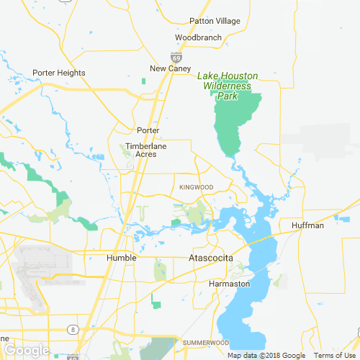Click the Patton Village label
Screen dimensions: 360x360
click(x=215, y=21)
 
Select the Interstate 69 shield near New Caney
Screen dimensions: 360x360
click(x=176, y=56)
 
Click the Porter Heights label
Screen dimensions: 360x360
click(x=59, y=73)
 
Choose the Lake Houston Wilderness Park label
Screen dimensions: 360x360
click(x=225, y=86)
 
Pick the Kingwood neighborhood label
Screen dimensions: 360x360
click(x=197, y=187)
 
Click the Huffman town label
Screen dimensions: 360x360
click(x=308, y=225)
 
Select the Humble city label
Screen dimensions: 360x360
click(x=121, y=258)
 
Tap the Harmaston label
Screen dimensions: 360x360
click(x=229, y=284)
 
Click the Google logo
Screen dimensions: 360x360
click(x=26, y=350)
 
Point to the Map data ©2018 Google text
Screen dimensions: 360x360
click(x=266, y=356)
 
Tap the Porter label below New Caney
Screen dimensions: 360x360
click(x=148, y=130)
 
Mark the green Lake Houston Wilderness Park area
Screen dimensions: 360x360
click(x=234, y=122)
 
